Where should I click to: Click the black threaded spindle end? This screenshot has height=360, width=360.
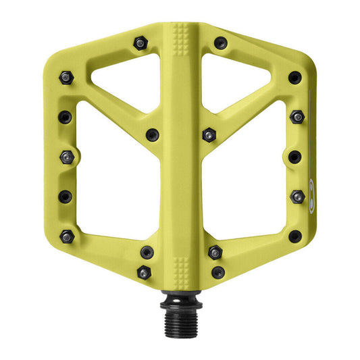click(x=179, y=312)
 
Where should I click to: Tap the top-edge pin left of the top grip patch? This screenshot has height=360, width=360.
click(x=139, y=43)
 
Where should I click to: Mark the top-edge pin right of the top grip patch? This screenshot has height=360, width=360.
click(x=220, y=43)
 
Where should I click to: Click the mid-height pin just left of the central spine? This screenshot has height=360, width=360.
click(x=152, y=134)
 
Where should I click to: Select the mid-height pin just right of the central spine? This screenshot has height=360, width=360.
click(x=209, y=134)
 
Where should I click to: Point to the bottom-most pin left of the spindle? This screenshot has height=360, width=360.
click(x=143, y=272)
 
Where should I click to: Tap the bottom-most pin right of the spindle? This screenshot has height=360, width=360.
click(x=217, y=272)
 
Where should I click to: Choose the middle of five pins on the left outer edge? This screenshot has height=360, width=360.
click(x=66, y=157)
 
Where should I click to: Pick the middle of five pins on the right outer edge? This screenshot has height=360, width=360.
click(x=294, y=157)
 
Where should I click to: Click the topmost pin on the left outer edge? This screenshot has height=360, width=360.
click(x=66, y=78)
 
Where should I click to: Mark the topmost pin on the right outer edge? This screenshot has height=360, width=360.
click(x=294, y=78)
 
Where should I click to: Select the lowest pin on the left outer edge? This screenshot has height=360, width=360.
click(x=66, y=236)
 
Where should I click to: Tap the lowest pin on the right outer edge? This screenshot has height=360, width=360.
click(x=294, y=236)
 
